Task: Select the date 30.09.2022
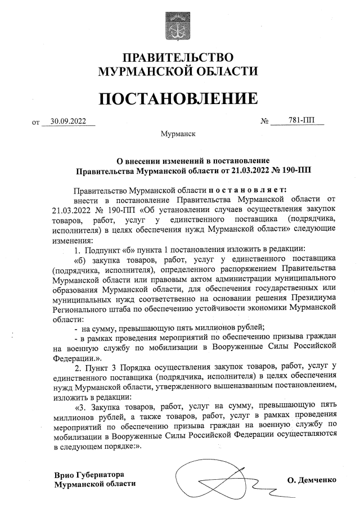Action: pos(67,120)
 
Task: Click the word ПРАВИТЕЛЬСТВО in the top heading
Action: pos(178,58)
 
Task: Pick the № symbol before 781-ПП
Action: pos(265,121)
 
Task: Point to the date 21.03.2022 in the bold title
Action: pos(249,169)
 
